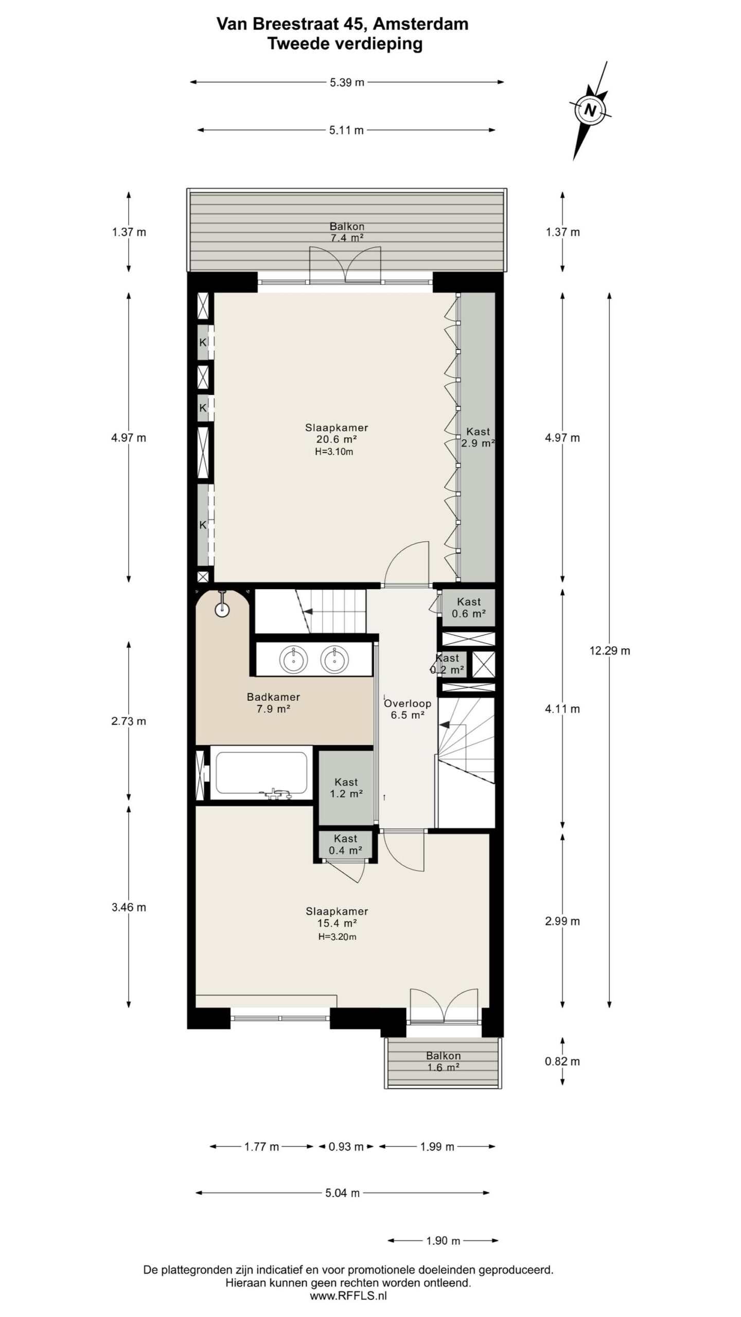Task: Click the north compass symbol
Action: (x=590, y=110)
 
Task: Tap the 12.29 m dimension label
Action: (x=609, y=651)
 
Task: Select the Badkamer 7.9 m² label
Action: (x=273, y=703)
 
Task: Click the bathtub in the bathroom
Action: (x=261, y=773)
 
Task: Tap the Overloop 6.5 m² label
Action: (x=408, y=709)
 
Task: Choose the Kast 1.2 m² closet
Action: (x=346, y=788)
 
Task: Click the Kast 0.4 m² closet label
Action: (x=345, y=844)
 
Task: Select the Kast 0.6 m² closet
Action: (x=469, y=608)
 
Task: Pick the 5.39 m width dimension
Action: (x=347, y=82)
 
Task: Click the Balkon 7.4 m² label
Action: (x=347, y=232)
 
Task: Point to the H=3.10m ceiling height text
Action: (x=334, y=452)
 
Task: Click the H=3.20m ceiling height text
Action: (x=337, y=937)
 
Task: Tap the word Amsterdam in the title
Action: (x=420, y=24)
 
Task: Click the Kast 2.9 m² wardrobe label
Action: (x=478, y=437)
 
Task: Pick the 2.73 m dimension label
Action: (x=129, y=721)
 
